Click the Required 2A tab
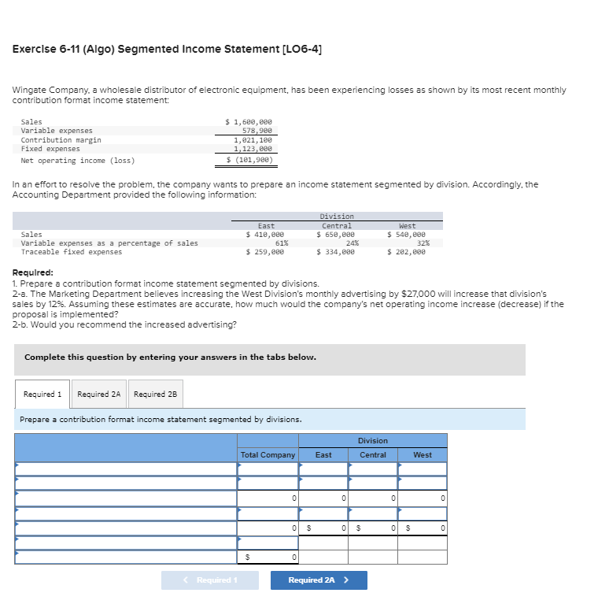98,394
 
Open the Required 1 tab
42,394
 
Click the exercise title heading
167,49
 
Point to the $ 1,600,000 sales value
249,122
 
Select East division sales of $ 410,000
265,235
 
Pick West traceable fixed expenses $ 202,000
406,252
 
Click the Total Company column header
268,455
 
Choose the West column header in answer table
422,455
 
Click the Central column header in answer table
372,455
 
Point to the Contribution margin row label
61,140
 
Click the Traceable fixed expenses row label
71,252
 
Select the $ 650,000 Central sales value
335,235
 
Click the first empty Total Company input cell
268,469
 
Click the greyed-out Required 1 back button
209,580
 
